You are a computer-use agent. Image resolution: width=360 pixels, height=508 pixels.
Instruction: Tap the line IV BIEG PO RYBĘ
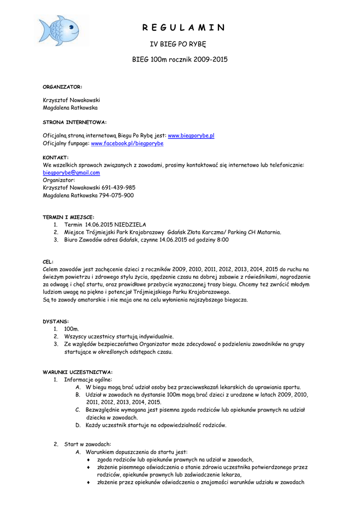pos(178,45)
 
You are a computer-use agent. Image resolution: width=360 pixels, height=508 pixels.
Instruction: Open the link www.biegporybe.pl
pos(191,135)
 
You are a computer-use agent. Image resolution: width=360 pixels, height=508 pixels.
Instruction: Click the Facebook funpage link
pos(127,143)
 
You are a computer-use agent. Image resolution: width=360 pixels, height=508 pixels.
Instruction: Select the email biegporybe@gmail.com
pos(72,173)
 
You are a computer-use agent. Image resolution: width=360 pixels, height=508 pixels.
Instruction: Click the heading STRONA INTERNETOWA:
pos(74,122)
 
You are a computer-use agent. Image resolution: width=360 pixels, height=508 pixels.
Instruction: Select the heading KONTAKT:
pos(56,157)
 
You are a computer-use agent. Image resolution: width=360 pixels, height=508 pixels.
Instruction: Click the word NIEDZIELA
pos(130,225)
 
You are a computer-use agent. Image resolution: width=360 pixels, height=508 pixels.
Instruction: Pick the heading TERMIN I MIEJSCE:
pos(69,217)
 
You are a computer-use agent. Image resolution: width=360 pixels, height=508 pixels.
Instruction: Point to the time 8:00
pos(222,240)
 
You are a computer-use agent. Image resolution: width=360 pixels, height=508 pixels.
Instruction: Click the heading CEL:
pos(49,261)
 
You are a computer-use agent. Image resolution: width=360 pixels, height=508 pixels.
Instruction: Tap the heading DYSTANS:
pos(56,321)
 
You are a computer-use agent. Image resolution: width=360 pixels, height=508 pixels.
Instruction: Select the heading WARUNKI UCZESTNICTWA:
pos(77,372)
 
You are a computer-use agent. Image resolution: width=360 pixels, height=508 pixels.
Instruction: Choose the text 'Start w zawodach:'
pos(88,444)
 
